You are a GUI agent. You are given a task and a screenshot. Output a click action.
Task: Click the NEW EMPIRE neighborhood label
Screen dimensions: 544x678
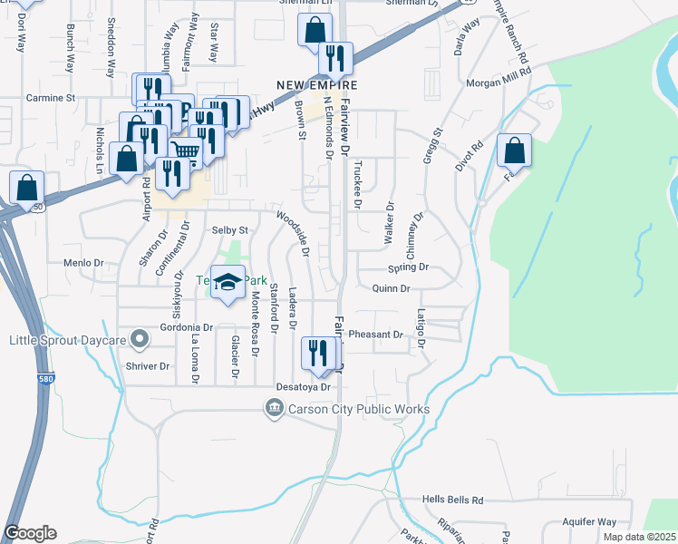(x=317, y=84)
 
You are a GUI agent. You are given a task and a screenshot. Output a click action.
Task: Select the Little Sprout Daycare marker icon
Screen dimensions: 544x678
(x=139, y=340)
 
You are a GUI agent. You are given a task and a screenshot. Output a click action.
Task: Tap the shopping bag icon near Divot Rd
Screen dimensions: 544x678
(x=514, y=150)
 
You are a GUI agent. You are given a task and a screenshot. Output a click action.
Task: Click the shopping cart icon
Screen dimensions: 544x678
(x=185, y=151)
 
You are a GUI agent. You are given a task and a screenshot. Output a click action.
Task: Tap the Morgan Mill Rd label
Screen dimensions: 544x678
(x=498, y=83)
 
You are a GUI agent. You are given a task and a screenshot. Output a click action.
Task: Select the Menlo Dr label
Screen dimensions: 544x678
(x=83, y=262)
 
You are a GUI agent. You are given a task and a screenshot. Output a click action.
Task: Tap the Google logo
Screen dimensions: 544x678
(x=30, y=533)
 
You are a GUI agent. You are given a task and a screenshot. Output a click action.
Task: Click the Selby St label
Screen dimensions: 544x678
(x=229, y=230)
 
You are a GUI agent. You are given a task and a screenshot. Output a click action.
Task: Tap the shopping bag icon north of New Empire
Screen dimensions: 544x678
(x=314, y=29)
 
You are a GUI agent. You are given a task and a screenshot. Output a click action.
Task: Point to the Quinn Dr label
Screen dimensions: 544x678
(x=392, y=288)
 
